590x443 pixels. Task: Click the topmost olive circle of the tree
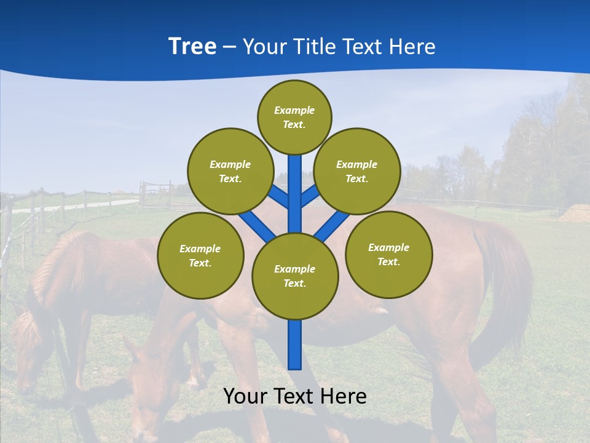click(294, 117)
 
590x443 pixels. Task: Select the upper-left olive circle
click(230, 171)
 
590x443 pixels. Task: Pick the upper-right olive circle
click(357, 171)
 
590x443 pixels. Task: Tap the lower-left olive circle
click(200, 255)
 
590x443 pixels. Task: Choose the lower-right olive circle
click(389, 254)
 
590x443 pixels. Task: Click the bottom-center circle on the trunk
click(295, 276)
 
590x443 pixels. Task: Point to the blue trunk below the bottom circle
click(295, 345)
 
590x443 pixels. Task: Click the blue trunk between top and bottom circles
click(295, 194)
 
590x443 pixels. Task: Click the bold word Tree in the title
click(192, 46)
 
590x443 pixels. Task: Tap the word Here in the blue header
click(413, 47)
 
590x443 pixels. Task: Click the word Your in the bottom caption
click(246, 396)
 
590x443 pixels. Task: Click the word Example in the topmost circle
click(294, 110)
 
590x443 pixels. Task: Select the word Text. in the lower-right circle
click(388, 261)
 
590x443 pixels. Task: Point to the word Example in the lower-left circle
click(200, 249)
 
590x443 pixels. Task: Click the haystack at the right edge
click(575, 214)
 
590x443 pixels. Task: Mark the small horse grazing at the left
click(61, 295)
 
